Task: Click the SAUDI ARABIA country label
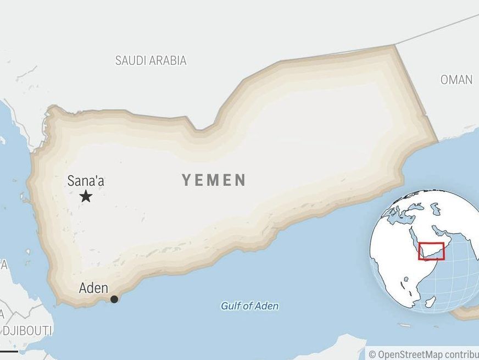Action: pos(151,60)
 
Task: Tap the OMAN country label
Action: pos(456,80)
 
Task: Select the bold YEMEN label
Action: pos(214,180)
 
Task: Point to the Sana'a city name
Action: pos(85,181)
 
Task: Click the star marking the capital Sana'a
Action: pos(86,196)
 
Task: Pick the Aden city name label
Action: pos(93,287)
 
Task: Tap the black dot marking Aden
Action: pos(114,299)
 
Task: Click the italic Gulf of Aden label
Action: pos(249,306)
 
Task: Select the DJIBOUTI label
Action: pos(27,330)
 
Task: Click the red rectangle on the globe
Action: pos(431,251)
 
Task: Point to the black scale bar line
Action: pos(9,351)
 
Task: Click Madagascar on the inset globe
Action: pos(431,302)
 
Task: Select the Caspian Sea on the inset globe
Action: pos(436,209)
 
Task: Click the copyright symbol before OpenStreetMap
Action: pos(372,355)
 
